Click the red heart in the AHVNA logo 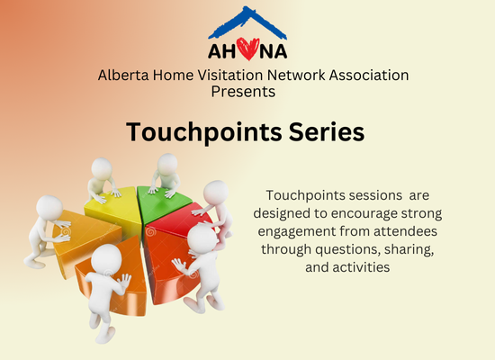click(247, 49)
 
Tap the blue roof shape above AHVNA click(247, 22)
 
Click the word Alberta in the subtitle click(123, 76)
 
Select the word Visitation click(230, 76)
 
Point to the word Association click(369, 76)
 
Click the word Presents click(243, 92)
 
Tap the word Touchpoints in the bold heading click(204, 132)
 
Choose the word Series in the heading click(327, 131)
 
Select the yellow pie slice click(116, 209)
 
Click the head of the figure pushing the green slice click(167, 164)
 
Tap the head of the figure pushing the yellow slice click(102, 168)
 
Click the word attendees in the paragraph click(406, 231)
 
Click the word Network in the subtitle click(296, 76)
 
